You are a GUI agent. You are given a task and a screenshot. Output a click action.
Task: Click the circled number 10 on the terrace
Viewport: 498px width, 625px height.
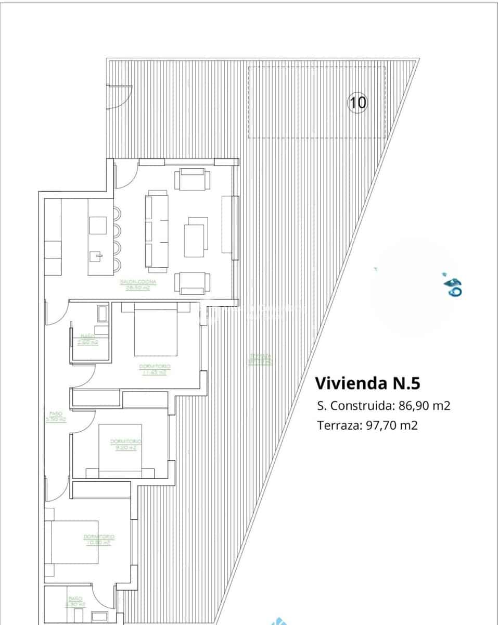pyautogui.click(x=357, y=102)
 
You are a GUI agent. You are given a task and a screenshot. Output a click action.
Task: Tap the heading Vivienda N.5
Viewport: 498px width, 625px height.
pyautogui.click(x=367, y=383)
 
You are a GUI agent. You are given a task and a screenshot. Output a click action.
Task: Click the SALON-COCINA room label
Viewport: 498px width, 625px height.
pyautogui.click(x=138, y=285)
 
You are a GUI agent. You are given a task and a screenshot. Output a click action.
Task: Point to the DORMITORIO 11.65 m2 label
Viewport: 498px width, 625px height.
pyautogui.click(x=155, y=369)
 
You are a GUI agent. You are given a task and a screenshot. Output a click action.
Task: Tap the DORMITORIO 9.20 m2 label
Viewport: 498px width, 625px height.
pyautogui.click(x=125, y=444)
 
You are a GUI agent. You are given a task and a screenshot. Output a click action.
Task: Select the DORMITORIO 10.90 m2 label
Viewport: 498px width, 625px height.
pyautogui.click(x=99, y=539)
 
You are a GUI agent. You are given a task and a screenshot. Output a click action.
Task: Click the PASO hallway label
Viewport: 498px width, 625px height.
pyautogui.click(x=56, y=417)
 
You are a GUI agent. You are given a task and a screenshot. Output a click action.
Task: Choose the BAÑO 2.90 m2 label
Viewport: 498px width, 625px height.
pyautogui.click(x=87, y=339)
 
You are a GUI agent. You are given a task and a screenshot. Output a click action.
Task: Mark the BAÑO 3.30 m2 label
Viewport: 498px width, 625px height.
pyautogui.click(x=75, y=602)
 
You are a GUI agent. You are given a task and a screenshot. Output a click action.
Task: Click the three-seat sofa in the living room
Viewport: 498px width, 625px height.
pyautogui.click(x=157, y=231)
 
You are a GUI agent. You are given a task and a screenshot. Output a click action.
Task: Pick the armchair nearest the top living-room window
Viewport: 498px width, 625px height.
pyautogui.click(x=193, y=180)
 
